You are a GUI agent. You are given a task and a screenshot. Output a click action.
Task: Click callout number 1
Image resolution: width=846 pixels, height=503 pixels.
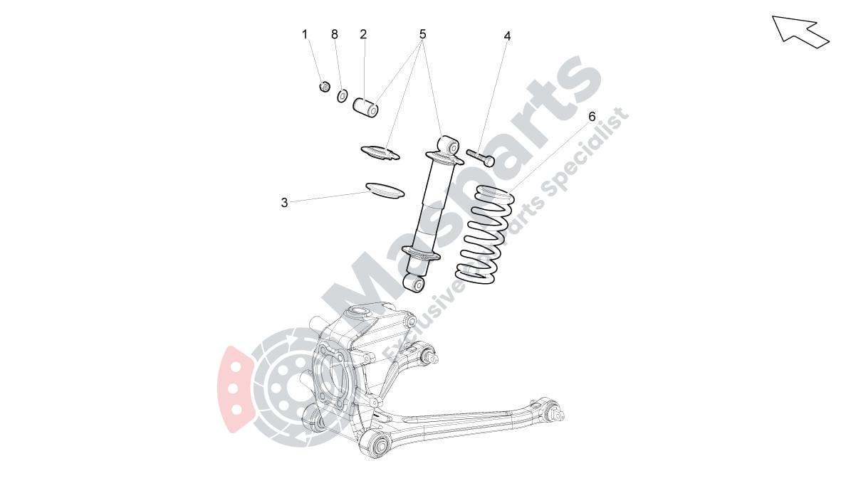pyautogui.click(x=305, y=34)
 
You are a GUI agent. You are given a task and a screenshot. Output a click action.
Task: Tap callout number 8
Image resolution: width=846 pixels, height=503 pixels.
pyautogui.click(x=335, y=34)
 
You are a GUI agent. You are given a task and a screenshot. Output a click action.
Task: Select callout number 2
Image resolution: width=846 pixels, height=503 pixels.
pyautogui.click(x=363, y=34)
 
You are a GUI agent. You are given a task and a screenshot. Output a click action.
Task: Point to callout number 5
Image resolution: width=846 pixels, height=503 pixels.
pyautogui.click(x=422, y=34)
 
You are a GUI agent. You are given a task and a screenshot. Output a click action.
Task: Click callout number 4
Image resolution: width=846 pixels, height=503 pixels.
pyautogui.click(x=507, y=36)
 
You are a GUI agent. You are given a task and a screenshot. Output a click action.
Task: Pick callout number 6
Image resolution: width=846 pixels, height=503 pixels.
pyautogui.click(x=592, y=116)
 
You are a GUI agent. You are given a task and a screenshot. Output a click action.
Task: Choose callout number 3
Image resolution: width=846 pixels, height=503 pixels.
pyautogui.click(x=284, y=203)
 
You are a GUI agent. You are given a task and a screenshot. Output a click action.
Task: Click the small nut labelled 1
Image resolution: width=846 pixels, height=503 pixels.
pyautogui.click(x=324, y=87)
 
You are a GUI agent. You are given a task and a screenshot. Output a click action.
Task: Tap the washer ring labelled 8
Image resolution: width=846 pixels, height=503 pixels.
pyautogui.click(x=342, y=95)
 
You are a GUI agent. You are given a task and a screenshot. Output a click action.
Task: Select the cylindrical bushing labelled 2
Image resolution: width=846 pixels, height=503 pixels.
pyautogui.click(x=366, y=107)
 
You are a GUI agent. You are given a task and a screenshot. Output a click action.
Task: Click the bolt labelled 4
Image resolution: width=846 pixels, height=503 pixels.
pyautogui.click(x=480, y=157)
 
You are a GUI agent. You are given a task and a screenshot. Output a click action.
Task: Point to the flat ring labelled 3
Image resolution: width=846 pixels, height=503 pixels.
pyautogui.click(x=385, y=190)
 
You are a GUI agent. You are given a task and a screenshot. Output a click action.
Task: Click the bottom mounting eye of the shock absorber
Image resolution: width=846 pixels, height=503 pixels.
pyautogui.click(x=414, y=282)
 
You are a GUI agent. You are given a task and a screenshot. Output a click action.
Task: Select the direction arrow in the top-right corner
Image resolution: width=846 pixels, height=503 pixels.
pyautogui.click(x=800, y=30)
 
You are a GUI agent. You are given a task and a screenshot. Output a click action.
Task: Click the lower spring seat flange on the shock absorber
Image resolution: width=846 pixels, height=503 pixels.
pyautogui.click(x=421, y=253)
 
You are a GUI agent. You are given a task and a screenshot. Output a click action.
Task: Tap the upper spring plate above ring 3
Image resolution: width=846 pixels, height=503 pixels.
pyautogui.click(x=381, y=152)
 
